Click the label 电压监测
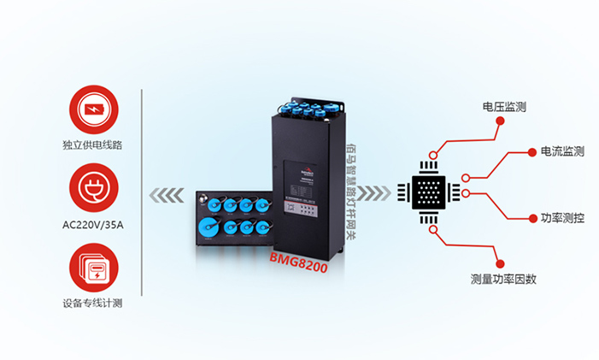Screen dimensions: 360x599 point(504,108)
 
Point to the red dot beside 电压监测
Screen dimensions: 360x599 point(501,122)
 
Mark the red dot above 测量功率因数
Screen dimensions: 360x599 point(501,263)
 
